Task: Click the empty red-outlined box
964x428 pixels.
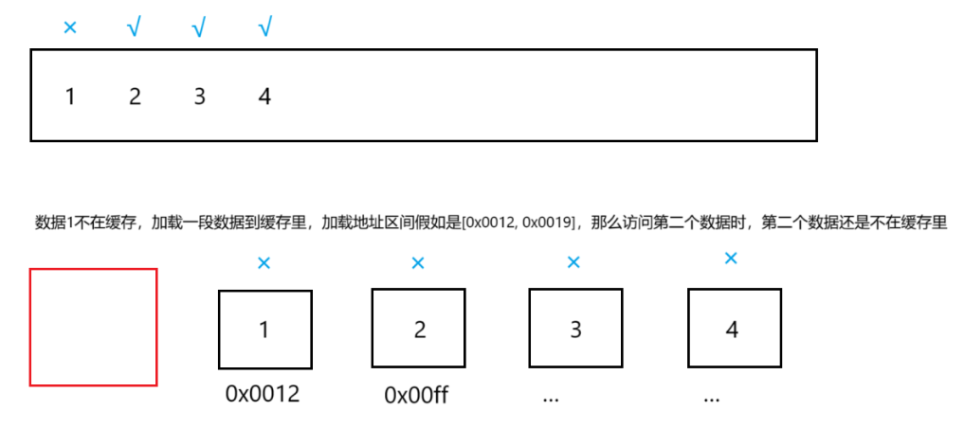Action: [x=93, y=327]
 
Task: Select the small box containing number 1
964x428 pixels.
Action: [x=264, y=330]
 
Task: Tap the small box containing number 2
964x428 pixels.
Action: [x=418, y=330]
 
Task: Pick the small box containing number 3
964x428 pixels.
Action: [x=575, y=330]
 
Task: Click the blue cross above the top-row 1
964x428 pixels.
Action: [x=69, y=27]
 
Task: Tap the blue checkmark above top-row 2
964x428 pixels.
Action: [x=134, y=28]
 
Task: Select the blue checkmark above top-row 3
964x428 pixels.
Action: [x=198, y=28]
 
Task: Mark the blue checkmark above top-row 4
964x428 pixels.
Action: [x=264, y=28]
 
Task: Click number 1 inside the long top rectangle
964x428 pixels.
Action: [x=70, y=96]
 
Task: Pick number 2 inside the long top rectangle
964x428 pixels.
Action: [x=135, y=96]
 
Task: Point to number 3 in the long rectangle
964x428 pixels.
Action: [x=199, y=96]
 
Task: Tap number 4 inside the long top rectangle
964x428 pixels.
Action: [x=264, y=96]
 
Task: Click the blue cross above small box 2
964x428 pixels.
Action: [x=418, y=262]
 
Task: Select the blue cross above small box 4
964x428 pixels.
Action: [x=731, y=258]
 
